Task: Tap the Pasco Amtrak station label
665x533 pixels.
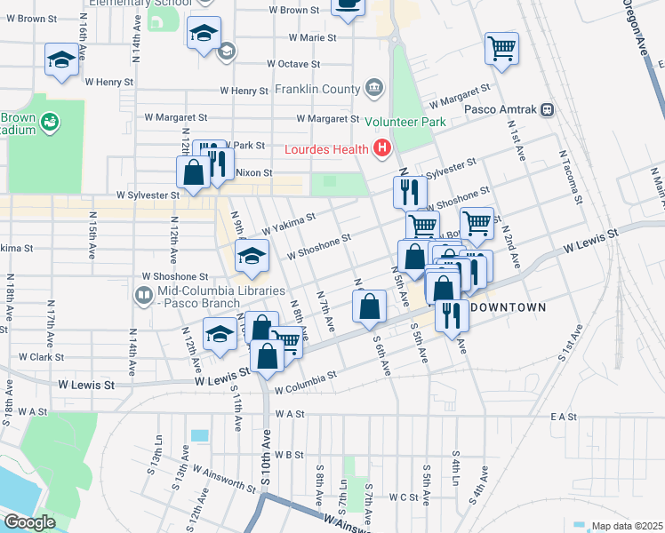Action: [x=502, y=110]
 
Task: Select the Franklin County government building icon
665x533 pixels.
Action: [x=374, y=89]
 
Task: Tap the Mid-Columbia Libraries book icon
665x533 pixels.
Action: [x=142, y=294]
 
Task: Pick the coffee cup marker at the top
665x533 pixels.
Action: [x=348, y=5]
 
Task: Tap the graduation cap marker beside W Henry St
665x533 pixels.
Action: [x=61, y=60]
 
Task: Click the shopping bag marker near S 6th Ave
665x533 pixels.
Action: [x=370, y=306]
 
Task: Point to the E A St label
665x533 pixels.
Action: [x=565, y=416]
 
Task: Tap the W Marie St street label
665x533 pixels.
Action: [x=313, y=38]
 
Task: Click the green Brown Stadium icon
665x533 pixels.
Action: [x=49, y=119]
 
